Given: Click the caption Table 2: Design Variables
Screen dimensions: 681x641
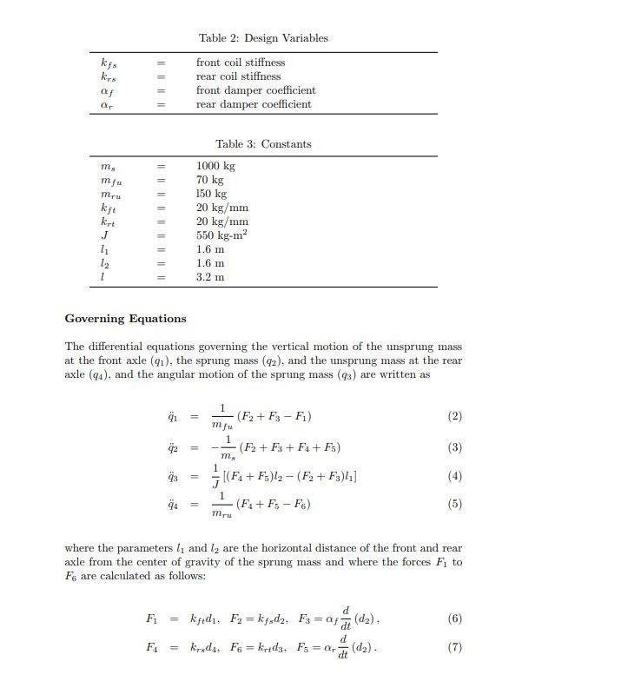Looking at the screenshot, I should tap(263, 38).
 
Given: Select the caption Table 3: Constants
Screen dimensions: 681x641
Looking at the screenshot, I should tap(263, 144).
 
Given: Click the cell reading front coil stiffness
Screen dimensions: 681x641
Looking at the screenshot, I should tap(241, 63).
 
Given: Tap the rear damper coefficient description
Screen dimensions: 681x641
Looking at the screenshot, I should tap(254, 104).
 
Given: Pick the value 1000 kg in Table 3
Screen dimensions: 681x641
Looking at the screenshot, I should tap(215, 166).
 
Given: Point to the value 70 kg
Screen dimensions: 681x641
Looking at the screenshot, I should tap(209, 180).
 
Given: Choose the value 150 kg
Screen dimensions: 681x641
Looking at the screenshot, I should tap(211, 194).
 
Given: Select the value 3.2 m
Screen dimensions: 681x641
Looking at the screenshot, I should tap(210, 277).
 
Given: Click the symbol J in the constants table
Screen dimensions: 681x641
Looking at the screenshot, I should tap(104, 235).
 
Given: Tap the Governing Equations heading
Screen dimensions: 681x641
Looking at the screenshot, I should tap(125, 319).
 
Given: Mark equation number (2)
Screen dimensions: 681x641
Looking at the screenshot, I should tap(454, 416).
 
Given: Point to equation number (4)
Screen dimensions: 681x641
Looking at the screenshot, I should tap(454, 476).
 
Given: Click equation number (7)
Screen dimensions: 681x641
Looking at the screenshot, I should tap(454, 647).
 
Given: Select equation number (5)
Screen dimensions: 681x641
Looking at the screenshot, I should tap(454, 504).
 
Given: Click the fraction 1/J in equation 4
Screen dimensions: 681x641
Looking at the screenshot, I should tap(215, 476).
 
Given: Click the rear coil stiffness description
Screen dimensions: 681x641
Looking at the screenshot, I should tap(238, 76).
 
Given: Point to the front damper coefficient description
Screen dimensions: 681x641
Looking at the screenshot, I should tap(255, 90).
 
